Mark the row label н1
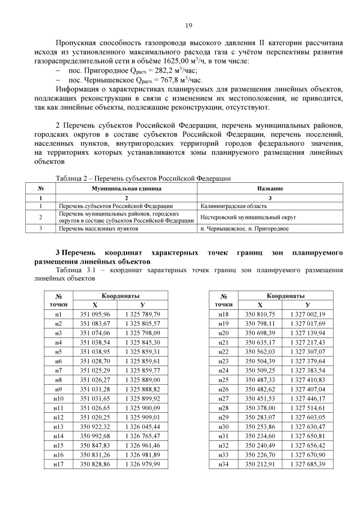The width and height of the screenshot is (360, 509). tap(58, 314)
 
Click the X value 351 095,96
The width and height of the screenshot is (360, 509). tap(95, 314)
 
